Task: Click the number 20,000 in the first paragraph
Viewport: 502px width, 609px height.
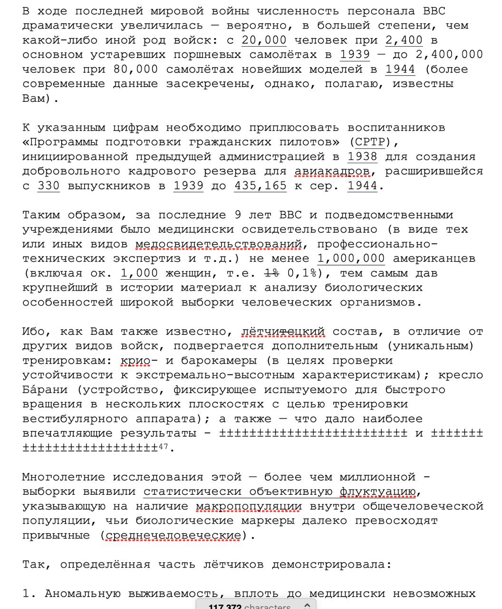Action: click(264, 40)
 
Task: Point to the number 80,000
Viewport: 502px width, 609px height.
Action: click(135, 69)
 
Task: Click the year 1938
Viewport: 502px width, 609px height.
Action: click(362, 157)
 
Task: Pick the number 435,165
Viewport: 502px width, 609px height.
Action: click(261, 186)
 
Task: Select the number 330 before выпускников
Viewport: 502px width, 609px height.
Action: click(48, 186)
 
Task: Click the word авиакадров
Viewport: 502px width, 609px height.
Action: click(332, 171)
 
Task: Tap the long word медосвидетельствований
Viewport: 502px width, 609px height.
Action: click(219, 244)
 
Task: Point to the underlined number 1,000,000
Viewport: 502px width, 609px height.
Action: click(351, 259)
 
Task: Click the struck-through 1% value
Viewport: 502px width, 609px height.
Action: click(271, 273)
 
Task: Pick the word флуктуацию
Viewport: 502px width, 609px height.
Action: click(377, 491)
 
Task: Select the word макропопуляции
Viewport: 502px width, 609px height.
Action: click(249, 506)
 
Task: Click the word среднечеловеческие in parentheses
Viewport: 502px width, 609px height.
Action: click(173, 535)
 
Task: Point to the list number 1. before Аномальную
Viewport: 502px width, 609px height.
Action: click(29, 593)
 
